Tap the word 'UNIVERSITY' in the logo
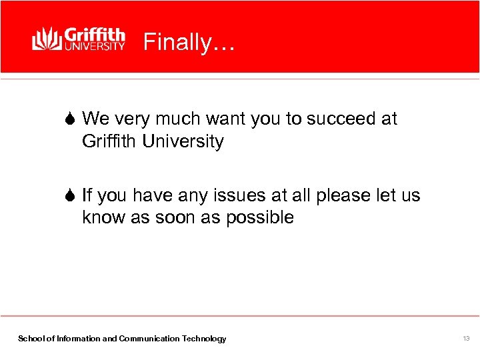(x=94, y=47)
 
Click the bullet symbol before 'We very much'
(x=71, y=119)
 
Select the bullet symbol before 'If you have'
(x=71, y=195)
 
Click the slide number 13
(x=466, y=339)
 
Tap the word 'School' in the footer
(x=30, y=339)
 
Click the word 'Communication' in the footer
(x=150, y=339)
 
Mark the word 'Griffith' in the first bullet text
(x=107, y=141)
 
